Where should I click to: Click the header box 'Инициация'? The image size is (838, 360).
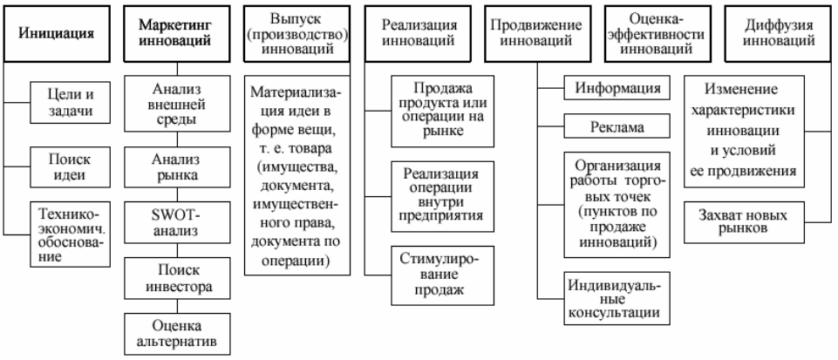pos(57,34)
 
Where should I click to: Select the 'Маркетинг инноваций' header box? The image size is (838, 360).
pos(177,34)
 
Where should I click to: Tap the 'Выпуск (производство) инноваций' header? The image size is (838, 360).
pos(297,34)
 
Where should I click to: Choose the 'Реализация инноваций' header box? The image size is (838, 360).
pos(418,34)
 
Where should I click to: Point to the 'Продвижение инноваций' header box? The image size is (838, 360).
pos(538,34)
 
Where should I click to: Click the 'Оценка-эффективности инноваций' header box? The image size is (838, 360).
pos(658,34)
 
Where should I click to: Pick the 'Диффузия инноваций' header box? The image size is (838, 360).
pos(779,34)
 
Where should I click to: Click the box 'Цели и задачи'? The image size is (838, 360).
pos(71,103)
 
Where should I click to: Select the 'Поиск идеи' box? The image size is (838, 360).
pos(71,167)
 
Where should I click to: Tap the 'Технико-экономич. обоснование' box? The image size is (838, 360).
pos(71,234)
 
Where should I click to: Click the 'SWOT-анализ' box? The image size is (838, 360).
pos(177,224)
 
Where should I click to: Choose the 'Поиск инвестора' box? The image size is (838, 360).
pos(177,278)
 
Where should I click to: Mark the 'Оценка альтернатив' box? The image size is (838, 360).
pos(177,334)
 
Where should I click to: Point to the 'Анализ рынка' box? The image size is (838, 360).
pos(177,167)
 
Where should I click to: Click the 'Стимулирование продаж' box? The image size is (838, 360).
pos(442,275)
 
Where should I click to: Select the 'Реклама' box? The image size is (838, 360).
pos(617,128)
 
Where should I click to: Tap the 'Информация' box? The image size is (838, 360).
pos(617,87)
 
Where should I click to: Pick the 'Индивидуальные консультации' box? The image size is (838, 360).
pos(617,298)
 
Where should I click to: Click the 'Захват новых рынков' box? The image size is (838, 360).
pos(744,222)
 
